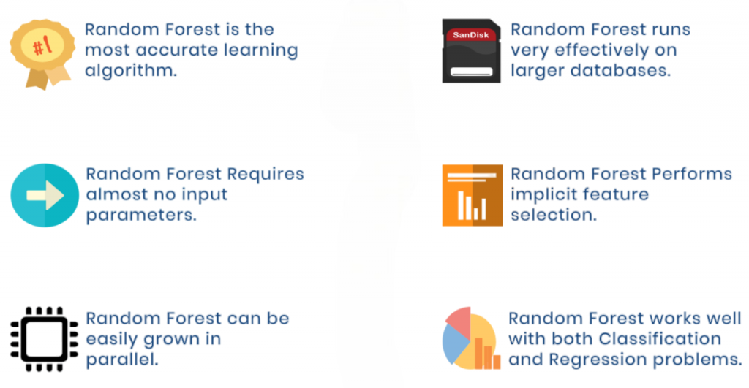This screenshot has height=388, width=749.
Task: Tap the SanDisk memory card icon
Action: point(472,50)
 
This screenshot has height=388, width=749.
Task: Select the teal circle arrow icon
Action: point(45,195)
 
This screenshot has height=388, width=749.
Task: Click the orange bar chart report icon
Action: point(473,195)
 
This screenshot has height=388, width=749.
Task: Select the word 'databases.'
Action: point(627,71)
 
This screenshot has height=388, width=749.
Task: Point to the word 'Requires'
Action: point(265,175)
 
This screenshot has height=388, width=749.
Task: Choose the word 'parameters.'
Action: point(141,216)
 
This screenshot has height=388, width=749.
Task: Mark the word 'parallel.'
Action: point(122,360)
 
